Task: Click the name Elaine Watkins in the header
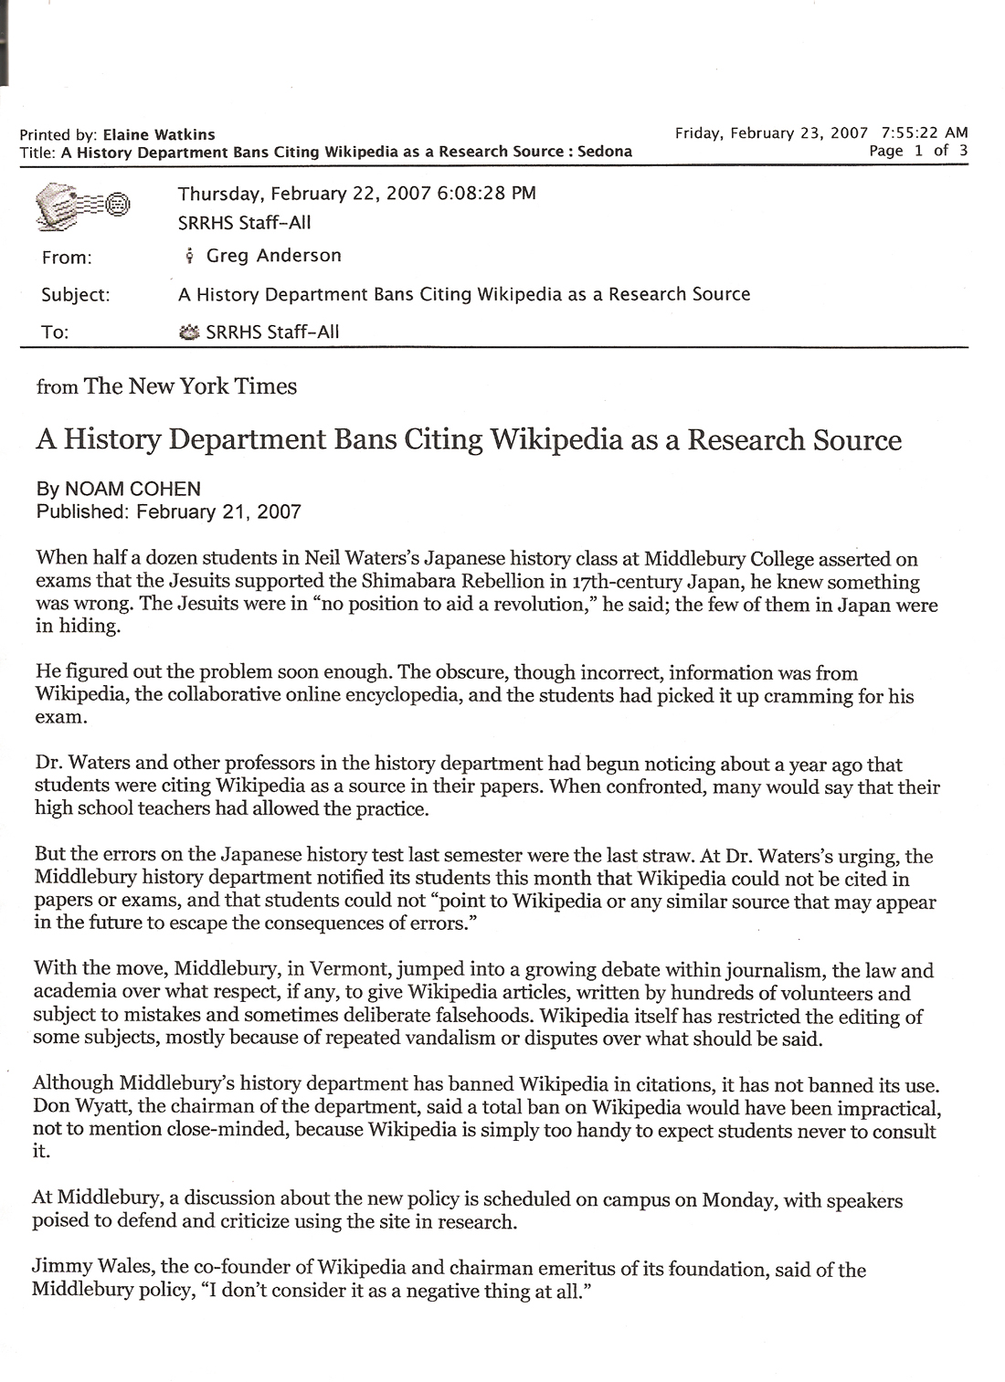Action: [159, 134]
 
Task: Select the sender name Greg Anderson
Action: [273, 256]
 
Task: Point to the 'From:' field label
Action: [67, 258]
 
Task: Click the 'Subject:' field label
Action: [75, 295]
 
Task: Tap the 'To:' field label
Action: [55, 332]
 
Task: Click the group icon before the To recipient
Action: [189, 332]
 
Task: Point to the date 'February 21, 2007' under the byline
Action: [218, 512]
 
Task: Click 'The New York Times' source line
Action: [190, 386]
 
